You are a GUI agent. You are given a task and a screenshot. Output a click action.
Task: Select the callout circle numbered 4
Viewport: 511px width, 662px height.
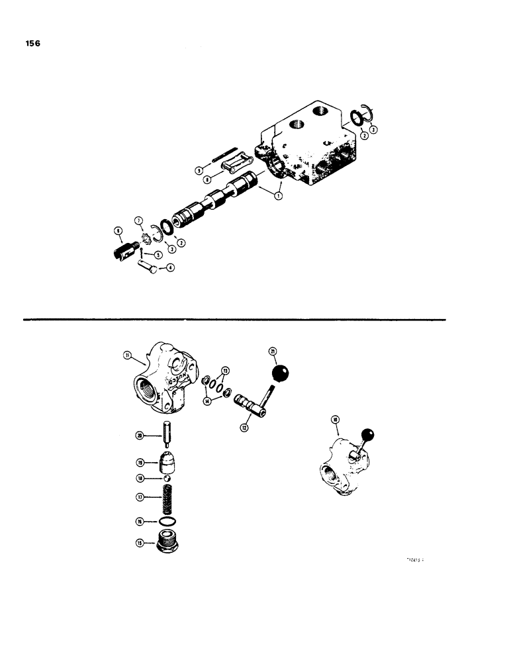point(171,267)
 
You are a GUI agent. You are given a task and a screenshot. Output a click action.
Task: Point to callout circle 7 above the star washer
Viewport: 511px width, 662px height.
point(139,220)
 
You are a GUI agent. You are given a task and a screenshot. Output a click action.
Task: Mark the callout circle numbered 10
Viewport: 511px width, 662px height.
point(335,420)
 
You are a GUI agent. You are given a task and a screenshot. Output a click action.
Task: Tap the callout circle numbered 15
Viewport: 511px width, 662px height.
point(140,542)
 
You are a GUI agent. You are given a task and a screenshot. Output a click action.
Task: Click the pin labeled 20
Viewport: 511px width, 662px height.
point(168,434)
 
